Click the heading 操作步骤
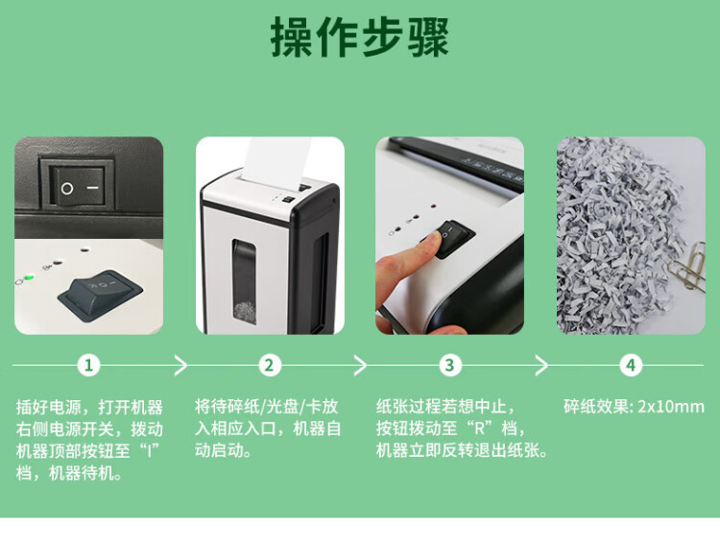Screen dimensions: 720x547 pos(360,36)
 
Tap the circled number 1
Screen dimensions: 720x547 pos(88,366)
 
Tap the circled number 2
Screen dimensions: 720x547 pos(269,366)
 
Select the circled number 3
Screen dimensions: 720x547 pos(449,366)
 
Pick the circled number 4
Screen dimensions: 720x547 pos(631,366)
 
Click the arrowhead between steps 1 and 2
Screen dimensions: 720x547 pos(181,366)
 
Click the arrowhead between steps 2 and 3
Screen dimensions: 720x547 pos(361,366)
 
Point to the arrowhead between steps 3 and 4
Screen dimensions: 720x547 pos(542,366)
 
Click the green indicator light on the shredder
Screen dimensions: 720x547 pos(29,276)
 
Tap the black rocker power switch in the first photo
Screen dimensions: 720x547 pos(78,186)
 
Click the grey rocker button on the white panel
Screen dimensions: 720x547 pos(100,293)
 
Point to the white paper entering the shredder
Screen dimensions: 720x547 pos(276,160)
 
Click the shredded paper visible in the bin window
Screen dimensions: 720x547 pos(245,311)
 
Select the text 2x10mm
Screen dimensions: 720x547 pos(671,407)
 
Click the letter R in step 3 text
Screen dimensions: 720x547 pos(479,429)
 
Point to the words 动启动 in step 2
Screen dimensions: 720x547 pos(223,450)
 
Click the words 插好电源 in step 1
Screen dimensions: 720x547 pos(49,407)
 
